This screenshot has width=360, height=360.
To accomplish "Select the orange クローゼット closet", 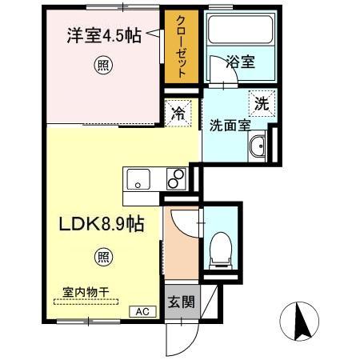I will [x=181, y=46].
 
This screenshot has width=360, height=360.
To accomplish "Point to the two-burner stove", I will [x=176, y=178].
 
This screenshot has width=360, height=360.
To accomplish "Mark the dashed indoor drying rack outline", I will [x=86, y=302].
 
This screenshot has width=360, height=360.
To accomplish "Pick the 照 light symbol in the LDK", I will [x=104, y=256].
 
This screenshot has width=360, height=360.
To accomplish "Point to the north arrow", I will [x=303, y=322].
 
